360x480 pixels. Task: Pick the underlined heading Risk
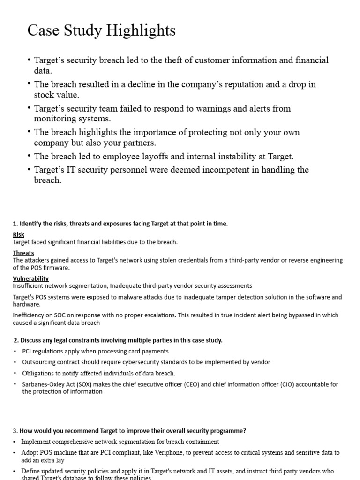[19, 234]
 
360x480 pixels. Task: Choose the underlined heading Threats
[23, 253]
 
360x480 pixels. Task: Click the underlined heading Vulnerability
[31, 278]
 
